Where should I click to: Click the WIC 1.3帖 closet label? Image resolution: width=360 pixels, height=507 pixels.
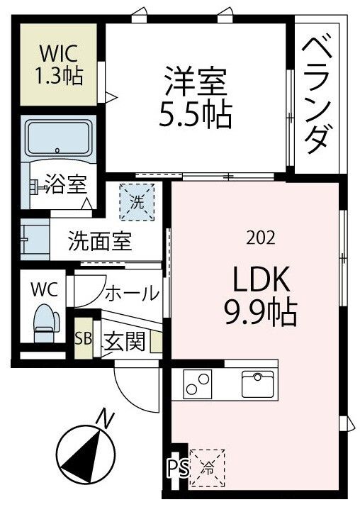59,64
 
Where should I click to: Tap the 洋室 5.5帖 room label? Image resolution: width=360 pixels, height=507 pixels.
196,96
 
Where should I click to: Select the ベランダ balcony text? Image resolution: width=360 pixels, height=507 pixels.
317,96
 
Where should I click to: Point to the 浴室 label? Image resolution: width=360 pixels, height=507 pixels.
66,184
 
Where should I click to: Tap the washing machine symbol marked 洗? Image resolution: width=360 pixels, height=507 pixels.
137,202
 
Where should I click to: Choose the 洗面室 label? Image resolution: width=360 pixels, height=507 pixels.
100,241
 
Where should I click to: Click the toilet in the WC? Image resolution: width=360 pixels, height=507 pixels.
46,323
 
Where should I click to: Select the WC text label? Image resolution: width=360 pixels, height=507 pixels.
44,289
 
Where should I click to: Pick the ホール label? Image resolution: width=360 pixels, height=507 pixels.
133,294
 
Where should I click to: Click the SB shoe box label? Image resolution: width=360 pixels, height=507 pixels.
83,338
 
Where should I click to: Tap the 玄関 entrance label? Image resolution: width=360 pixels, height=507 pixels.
124,341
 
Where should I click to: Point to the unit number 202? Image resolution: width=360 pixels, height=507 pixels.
261,238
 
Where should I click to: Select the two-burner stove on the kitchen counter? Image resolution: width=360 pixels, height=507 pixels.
198,385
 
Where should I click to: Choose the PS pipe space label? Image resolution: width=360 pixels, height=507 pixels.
178,467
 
